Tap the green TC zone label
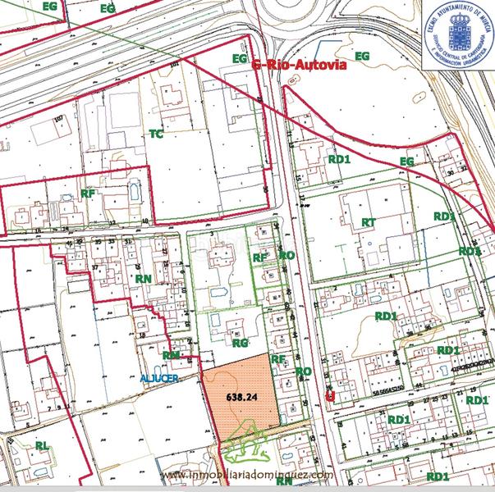(156, 133)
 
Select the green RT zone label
(369, 222)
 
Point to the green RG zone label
(240, 344)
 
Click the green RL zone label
(42, 445)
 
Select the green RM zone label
(171, 355)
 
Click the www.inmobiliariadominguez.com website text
(247, 475)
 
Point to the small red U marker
(330, 396)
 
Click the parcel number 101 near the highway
(173, 64)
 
